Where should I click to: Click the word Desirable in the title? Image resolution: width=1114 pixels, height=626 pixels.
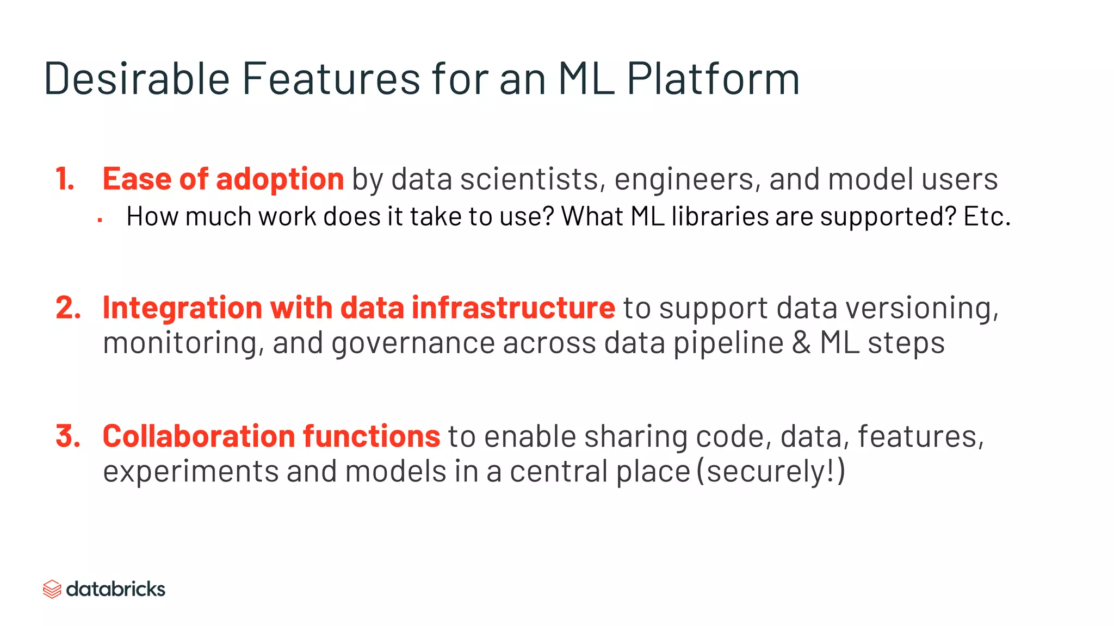tap(137, 79)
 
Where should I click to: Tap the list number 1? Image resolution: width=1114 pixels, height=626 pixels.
tap(65, 179)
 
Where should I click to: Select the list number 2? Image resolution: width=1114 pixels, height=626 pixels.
tap(68, 308)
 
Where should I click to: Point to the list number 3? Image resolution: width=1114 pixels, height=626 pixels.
tap(68, 436)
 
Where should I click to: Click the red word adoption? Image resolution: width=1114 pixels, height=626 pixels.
tap(280, 179)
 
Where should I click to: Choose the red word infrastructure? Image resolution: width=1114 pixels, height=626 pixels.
tap(513, 308)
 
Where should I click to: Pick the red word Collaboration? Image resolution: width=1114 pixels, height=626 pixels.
tap(199, 436)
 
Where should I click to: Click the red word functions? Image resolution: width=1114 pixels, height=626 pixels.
tap(371, 436)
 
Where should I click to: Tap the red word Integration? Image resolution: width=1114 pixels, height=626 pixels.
tap(183, 309)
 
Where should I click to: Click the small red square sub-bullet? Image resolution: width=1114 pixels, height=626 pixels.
tap(100, 220)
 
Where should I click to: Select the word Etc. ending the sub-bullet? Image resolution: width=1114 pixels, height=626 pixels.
tap(987, 216)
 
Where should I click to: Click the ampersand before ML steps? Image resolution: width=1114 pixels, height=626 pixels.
tap(801, 343)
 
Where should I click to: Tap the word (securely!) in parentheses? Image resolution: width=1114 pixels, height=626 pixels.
tap(771, 471)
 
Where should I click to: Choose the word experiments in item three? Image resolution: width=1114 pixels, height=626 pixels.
tap(191, 472)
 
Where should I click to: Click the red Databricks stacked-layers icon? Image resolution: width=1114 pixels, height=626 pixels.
tap(52, 589)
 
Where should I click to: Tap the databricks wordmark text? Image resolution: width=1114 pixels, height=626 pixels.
tap(115, 589)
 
